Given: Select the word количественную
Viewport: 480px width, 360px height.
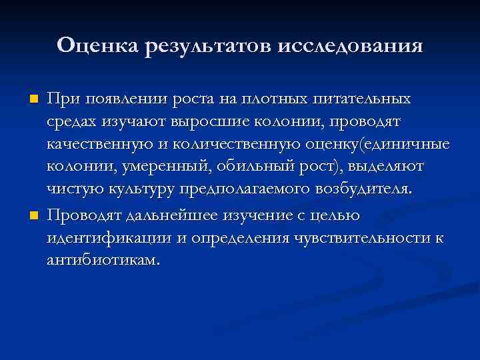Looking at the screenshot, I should [228, 145].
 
